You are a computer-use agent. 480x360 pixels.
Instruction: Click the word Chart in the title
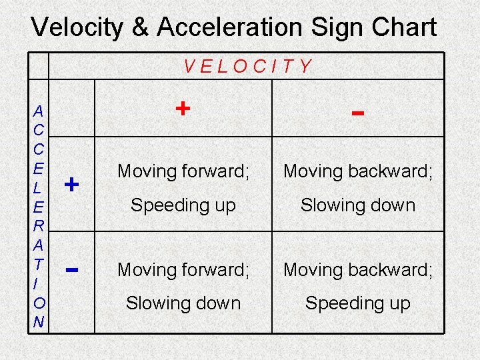(407, 27)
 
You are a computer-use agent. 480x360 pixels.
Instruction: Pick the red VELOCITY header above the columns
(247, 66)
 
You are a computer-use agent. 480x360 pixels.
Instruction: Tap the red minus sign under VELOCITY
(358, 113)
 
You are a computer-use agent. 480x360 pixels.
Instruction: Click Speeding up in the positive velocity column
(183, 205)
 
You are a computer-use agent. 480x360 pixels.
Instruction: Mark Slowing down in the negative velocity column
(358, 205)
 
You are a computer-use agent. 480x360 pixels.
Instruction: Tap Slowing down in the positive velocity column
(183, 303)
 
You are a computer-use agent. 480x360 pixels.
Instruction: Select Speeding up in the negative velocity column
(358, 303)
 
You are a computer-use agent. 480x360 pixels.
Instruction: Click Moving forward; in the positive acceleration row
(183, 171)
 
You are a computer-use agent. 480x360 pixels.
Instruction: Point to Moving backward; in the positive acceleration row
(358, 171)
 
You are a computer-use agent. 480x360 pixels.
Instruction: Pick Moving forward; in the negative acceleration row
(183, 269)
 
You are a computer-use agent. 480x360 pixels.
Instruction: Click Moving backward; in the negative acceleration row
(358, 269)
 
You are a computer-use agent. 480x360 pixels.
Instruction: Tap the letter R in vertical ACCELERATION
(39, 226)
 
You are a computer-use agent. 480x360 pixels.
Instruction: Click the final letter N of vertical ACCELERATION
(39, 323)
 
